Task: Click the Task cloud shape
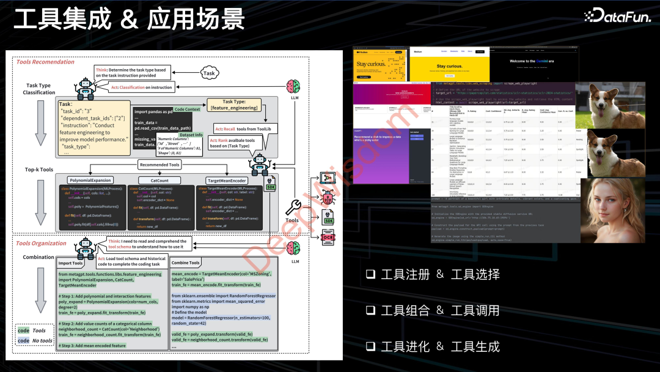click(x=210, y=73)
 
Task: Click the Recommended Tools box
click(x=159, y=165)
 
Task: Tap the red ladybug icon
click(x=328, y=198)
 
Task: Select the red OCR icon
click(x=328, y=236)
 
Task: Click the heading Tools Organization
click(x=41, y=243)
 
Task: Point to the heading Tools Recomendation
click(x=45, y=62)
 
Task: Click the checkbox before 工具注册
click(x=370, y=275)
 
